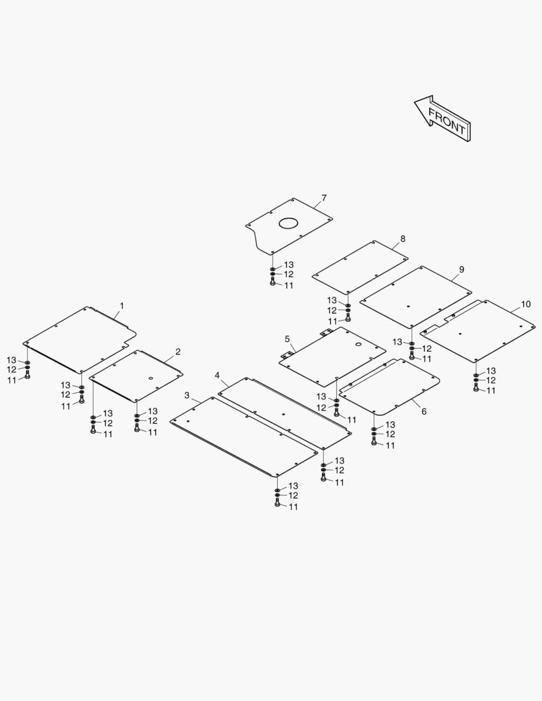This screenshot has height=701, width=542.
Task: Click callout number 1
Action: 121,305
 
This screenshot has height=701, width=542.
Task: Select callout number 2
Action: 177,352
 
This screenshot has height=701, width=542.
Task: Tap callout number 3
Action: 187,395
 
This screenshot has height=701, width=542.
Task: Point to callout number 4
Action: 217,376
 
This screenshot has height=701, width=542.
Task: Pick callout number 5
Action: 287,339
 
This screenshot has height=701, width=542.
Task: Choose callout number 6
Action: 424,411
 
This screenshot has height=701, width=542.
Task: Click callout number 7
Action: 324,197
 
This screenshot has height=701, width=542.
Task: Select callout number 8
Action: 402,239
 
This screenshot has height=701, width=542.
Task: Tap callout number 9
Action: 461,269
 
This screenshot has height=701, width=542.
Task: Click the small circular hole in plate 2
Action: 150,378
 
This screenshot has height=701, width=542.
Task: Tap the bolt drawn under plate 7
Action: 273,283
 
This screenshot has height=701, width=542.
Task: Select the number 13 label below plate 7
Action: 289,265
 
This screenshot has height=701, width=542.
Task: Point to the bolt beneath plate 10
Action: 476,387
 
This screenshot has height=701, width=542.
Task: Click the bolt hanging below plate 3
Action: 277,504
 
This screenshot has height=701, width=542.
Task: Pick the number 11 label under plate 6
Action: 390,445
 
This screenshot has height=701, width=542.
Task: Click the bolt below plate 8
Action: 348,319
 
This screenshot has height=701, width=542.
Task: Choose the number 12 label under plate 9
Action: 426,349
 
